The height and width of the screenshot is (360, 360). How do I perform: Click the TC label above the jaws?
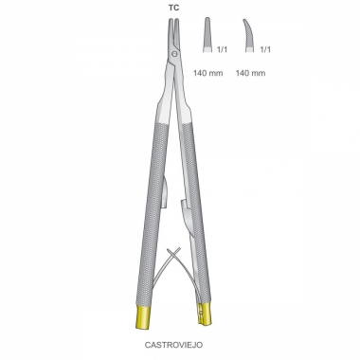pos(173,8)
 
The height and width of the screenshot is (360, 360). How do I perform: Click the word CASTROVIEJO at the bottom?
pos(173,345)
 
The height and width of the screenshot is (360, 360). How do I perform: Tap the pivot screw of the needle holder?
pos(173,54)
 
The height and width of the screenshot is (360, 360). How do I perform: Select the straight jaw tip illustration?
pos(207,35)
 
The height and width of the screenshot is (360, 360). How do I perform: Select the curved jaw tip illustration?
pos(248,35)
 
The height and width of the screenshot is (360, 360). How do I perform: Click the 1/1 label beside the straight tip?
pos(223,49)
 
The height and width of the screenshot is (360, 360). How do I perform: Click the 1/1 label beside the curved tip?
pos(265,49)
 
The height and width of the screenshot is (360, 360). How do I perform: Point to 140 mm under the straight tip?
pos(208,73)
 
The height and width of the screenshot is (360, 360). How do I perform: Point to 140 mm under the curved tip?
pos(250,73)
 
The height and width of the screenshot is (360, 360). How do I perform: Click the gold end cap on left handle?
pos(141,317)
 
